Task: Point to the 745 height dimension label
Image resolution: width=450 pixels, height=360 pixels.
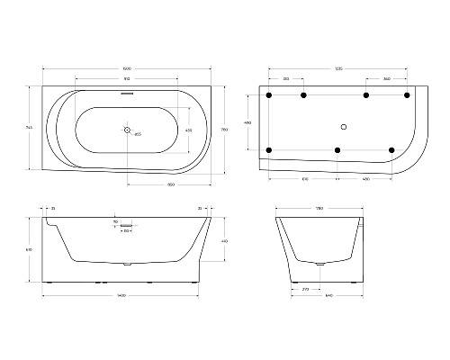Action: pyautogui.click(x=30, y=128)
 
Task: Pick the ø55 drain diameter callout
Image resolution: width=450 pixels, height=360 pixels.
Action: pyautogui.click(x=137, y=135)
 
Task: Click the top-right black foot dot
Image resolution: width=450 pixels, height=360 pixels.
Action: pyautogui.click(x=407, y=94)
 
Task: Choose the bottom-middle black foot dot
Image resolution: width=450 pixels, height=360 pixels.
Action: pyautogui.click(x=337, y=149)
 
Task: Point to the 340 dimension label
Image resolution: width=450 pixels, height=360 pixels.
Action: pyautogui.click(x=386, y=79)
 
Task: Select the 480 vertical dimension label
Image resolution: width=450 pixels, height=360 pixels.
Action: pyautogui.click(x=247, y=122)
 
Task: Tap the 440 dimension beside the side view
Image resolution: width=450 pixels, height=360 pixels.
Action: pyautogui.click(x=223, y=241)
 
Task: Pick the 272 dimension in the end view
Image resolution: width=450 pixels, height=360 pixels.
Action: pyautogui.click(x=307, y=289)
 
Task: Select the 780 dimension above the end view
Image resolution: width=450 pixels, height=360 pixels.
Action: pyautogui.click(x=319, y=209)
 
